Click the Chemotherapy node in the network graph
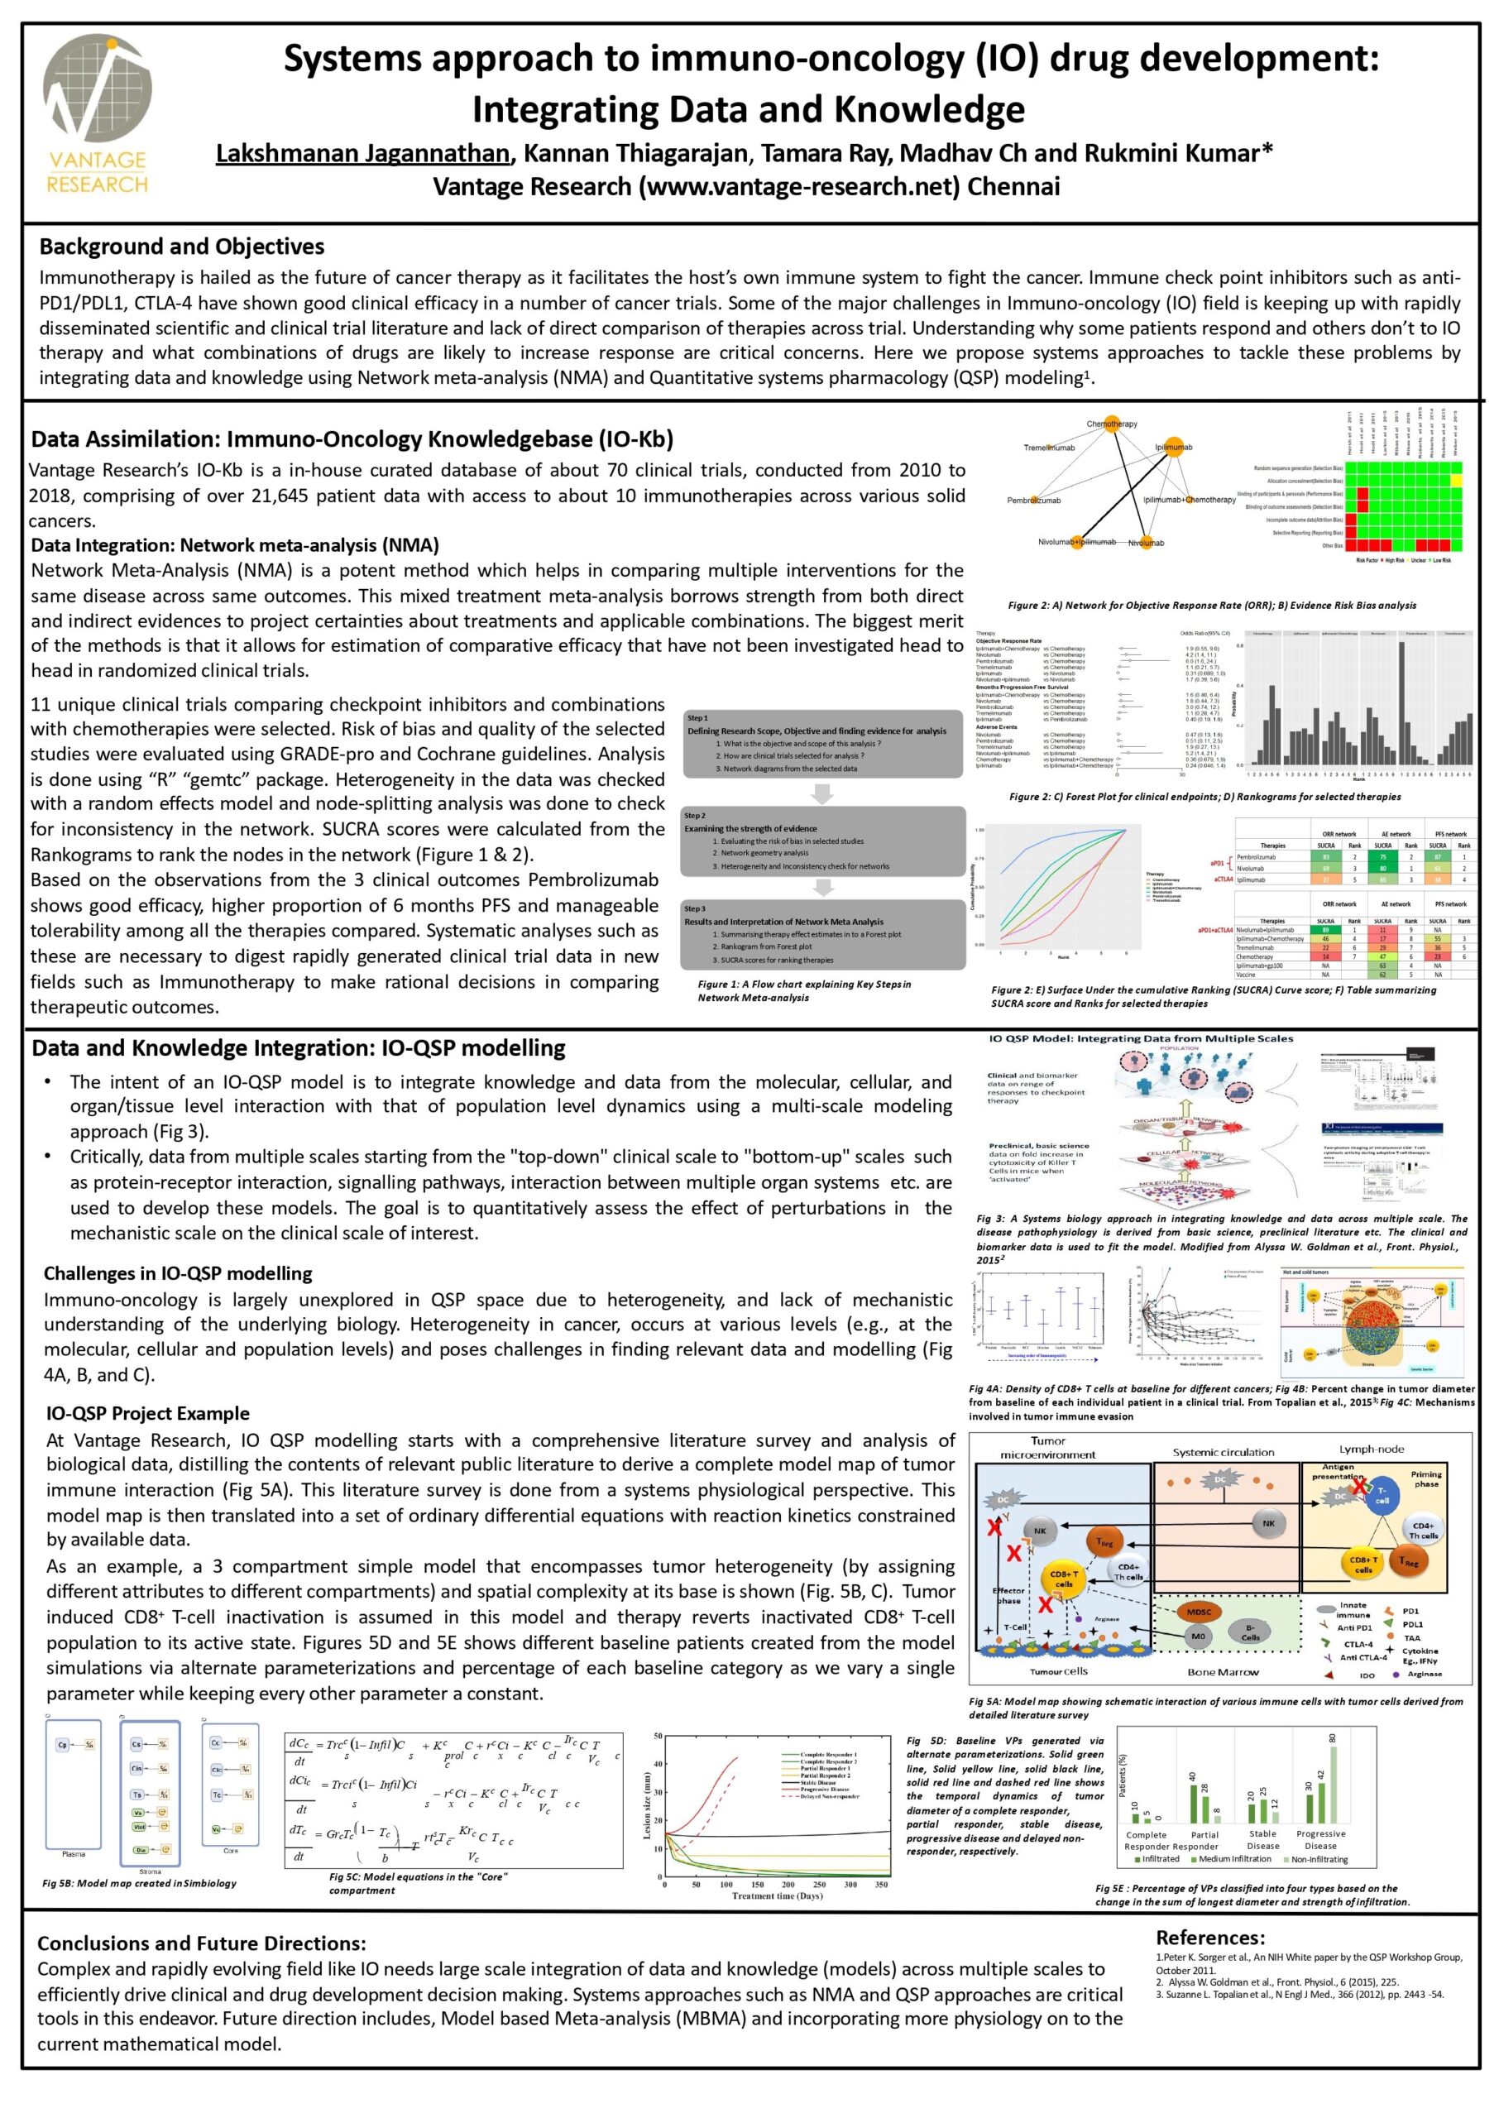click(1111, 424)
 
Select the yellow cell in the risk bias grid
click(1456, 480)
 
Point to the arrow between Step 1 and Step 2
click(821, 793)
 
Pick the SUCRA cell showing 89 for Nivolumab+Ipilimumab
click(1325, 929)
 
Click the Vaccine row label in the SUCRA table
click(1246, 974)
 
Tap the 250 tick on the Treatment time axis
click(820, 1885)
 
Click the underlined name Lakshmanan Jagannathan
click(362, 153)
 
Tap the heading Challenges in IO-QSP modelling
click(178, 1272)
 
